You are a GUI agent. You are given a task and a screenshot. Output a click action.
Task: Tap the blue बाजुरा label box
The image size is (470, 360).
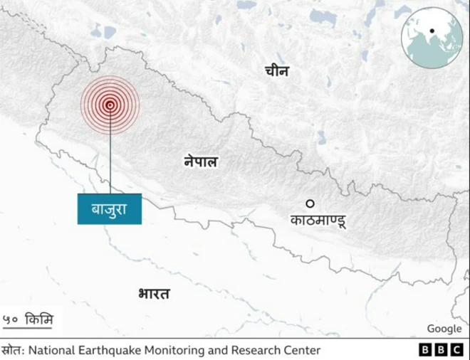pyautogui.click(x=109, y=209)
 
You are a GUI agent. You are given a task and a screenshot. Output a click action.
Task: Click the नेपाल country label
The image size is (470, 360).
pyautogui.click(x=200, y=162)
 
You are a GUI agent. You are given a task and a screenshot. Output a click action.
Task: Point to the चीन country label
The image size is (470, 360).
pyautogui.click(x=276, y=70)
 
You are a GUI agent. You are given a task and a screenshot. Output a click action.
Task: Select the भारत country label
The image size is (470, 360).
pyautogui.click(x=155, y=292)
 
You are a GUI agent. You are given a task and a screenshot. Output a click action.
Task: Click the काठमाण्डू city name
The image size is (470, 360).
pyautogui.click(x=318, y=221)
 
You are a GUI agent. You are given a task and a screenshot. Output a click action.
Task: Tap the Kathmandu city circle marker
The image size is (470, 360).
pyautogui.click(x=310, y=203)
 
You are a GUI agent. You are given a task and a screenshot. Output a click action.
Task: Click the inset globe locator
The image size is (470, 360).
pyautogui.click(x=432, y=37)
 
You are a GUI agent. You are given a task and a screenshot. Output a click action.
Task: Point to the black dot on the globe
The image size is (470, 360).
pyautogui.click(x=432, y=31)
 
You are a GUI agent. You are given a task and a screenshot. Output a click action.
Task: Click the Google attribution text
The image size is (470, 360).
pyautogui.click(x=444, y=328)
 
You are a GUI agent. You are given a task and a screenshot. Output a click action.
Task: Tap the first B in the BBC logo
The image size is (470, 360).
pyautogui.click(x=424, y=350)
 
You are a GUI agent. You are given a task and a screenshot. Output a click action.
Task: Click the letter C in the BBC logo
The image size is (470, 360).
pyautogui.click(x=455, y=350)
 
